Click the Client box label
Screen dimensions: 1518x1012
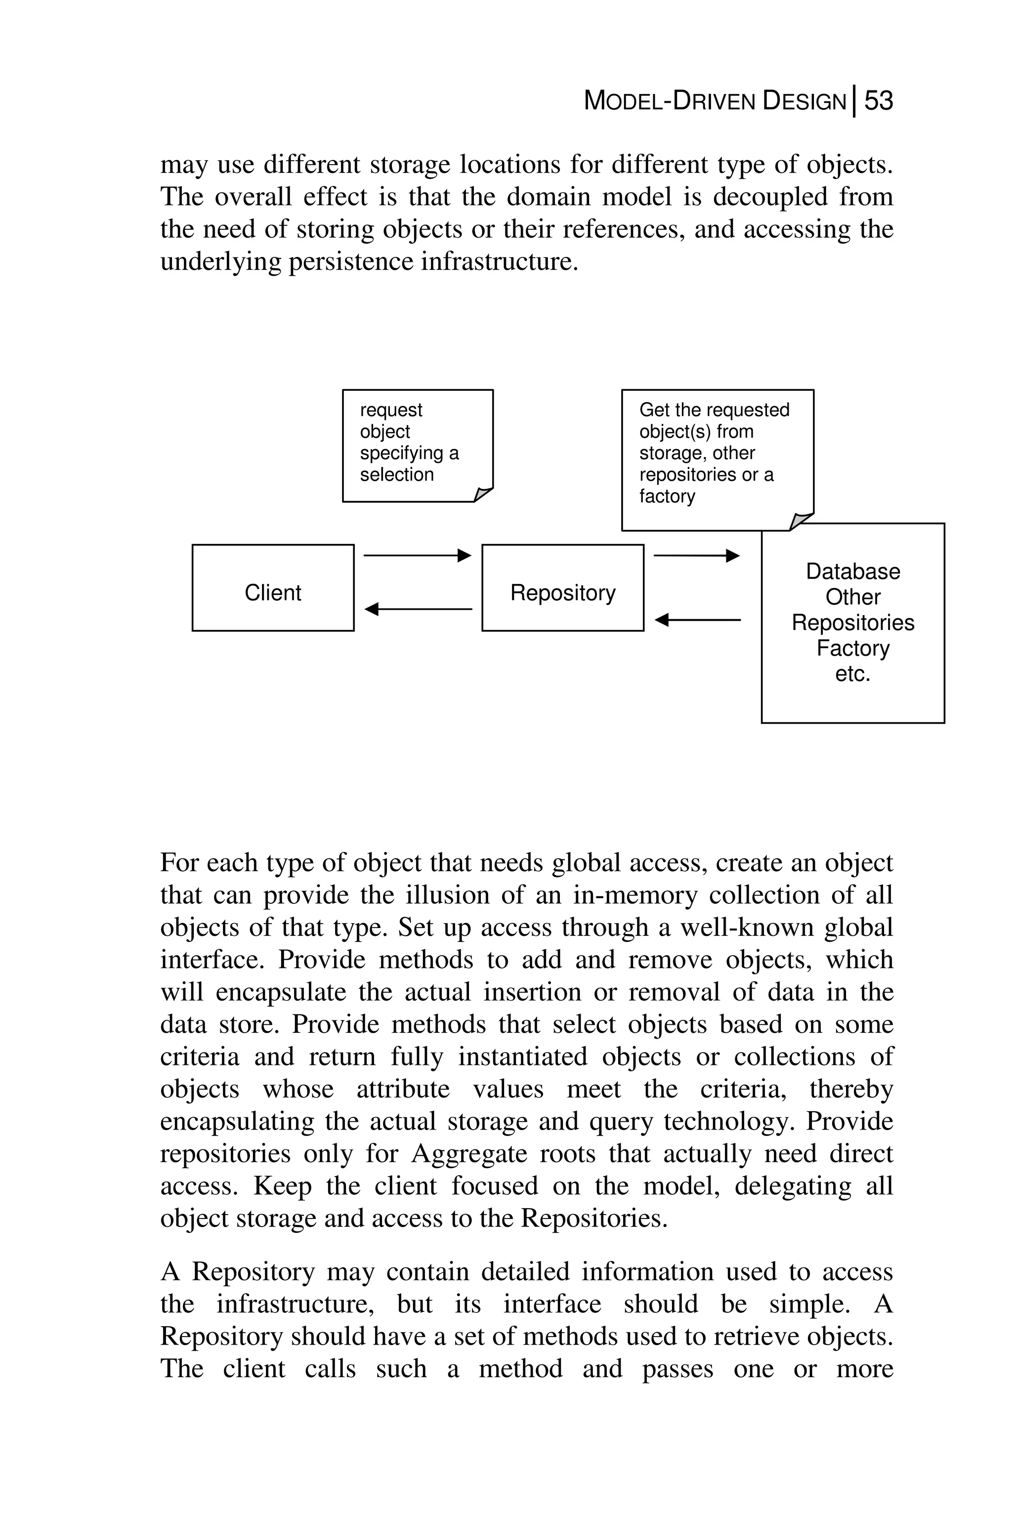(x=272, y=592)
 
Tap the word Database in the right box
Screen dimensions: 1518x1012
(x=852, y=571)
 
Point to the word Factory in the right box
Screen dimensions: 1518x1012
(x=852, y=648)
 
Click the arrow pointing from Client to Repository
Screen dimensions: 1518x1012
(x=418, y=555)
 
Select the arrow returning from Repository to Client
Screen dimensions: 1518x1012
(x=418, y=609)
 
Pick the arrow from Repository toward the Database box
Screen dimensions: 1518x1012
(x=696, y=555)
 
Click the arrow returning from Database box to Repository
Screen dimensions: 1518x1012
(x=697, y=620)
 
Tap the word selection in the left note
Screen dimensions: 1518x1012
(x=396, y=474)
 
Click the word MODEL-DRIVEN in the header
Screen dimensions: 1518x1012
(x=669, y=101)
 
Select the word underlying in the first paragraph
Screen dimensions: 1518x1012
(x=219, y=262)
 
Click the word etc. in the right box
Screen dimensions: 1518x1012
(x=852, y=674)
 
